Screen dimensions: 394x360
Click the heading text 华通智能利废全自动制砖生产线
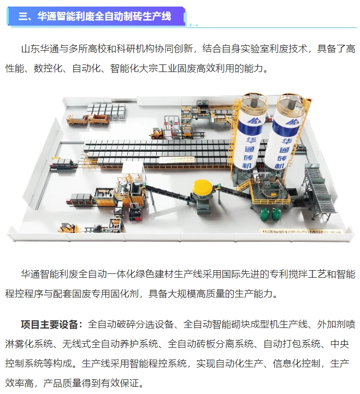103,16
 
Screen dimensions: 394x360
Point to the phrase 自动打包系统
290,344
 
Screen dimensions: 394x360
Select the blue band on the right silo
287,127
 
